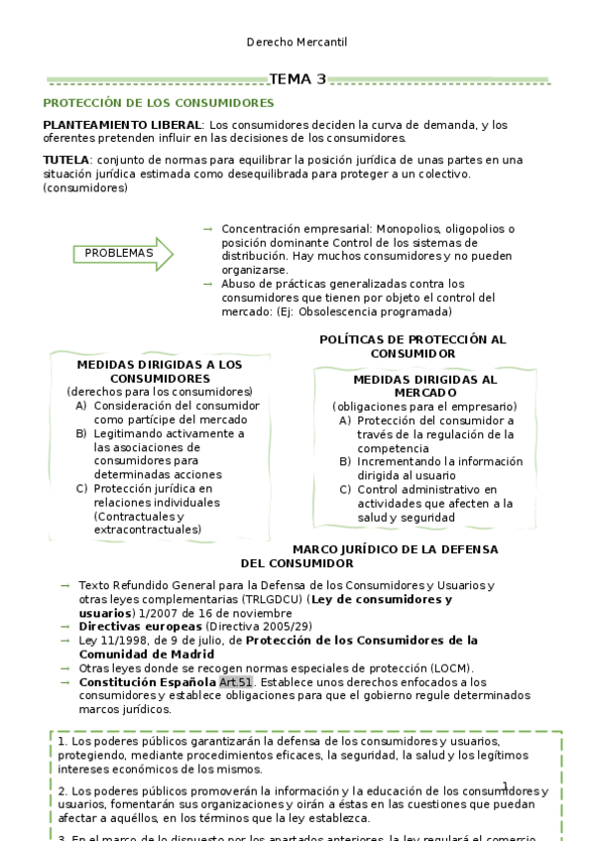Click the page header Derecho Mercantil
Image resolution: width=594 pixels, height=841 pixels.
click(297, 43)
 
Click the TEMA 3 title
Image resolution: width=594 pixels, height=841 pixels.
click(297, 79)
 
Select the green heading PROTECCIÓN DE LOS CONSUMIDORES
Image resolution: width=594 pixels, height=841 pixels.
click(159, 103)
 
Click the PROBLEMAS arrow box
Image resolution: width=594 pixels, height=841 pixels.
click(122, 253)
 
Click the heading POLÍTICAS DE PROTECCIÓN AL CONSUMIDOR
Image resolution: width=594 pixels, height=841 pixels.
click(413, 346)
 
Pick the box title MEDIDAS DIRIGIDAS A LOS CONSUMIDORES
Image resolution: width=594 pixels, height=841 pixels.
click(159, 371)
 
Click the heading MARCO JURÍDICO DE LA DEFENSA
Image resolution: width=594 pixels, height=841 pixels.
click(395, 549)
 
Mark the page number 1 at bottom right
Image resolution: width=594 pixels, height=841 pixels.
click(505, 786)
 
